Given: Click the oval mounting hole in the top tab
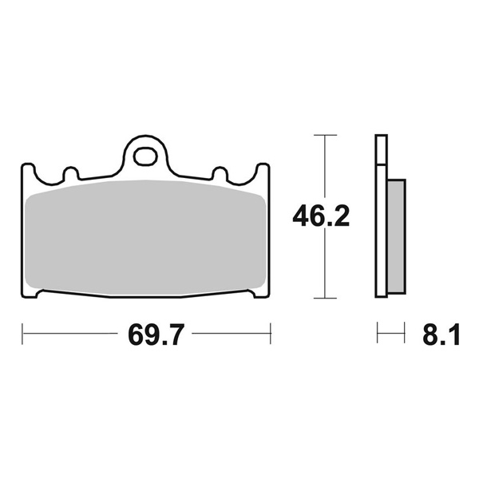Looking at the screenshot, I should pos(145,153).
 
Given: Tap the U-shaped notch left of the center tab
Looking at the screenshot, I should pos(69,172).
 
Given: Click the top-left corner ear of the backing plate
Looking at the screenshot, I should pos(26,169).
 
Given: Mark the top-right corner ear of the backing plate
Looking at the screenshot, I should pos(263,169).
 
